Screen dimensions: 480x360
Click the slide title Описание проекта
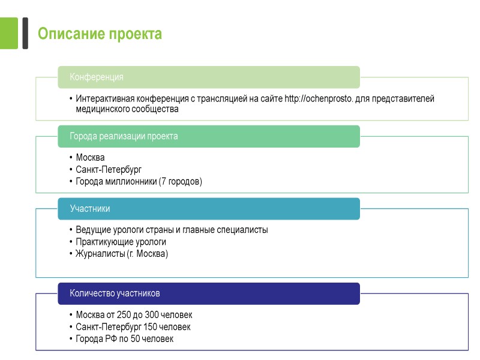point(100,34)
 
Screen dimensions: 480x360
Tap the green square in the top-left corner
point(9,33)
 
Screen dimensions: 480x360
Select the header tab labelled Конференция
point(97,77)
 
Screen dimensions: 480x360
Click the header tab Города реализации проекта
point(124,136)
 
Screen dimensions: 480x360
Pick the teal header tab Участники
point(90,209)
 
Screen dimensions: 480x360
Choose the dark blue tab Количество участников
point(115,293)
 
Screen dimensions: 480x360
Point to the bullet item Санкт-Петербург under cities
point(109,169)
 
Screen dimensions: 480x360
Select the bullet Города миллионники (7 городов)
point(139,181)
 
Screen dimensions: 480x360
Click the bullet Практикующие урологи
point(121,242)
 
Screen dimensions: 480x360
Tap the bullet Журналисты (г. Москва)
point(122,254)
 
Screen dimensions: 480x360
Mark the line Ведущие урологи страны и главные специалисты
point(172,230)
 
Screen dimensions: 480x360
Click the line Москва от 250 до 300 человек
point(134,314)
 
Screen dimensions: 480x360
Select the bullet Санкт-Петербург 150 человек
point(133,326)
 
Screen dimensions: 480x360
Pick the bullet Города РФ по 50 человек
point(124,338)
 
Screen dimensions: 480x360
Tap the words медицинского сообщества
point(127,110)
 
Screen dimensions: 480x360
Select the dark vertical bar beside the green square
point(25,33)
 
